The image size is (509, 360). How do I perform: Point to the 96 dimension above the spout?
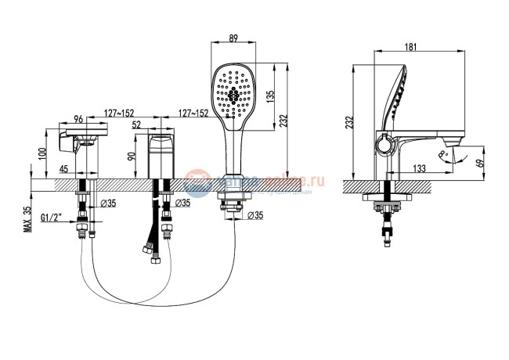pos(79,119)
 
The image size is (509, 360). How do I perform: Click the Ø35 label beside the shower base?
pos(255,214)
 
